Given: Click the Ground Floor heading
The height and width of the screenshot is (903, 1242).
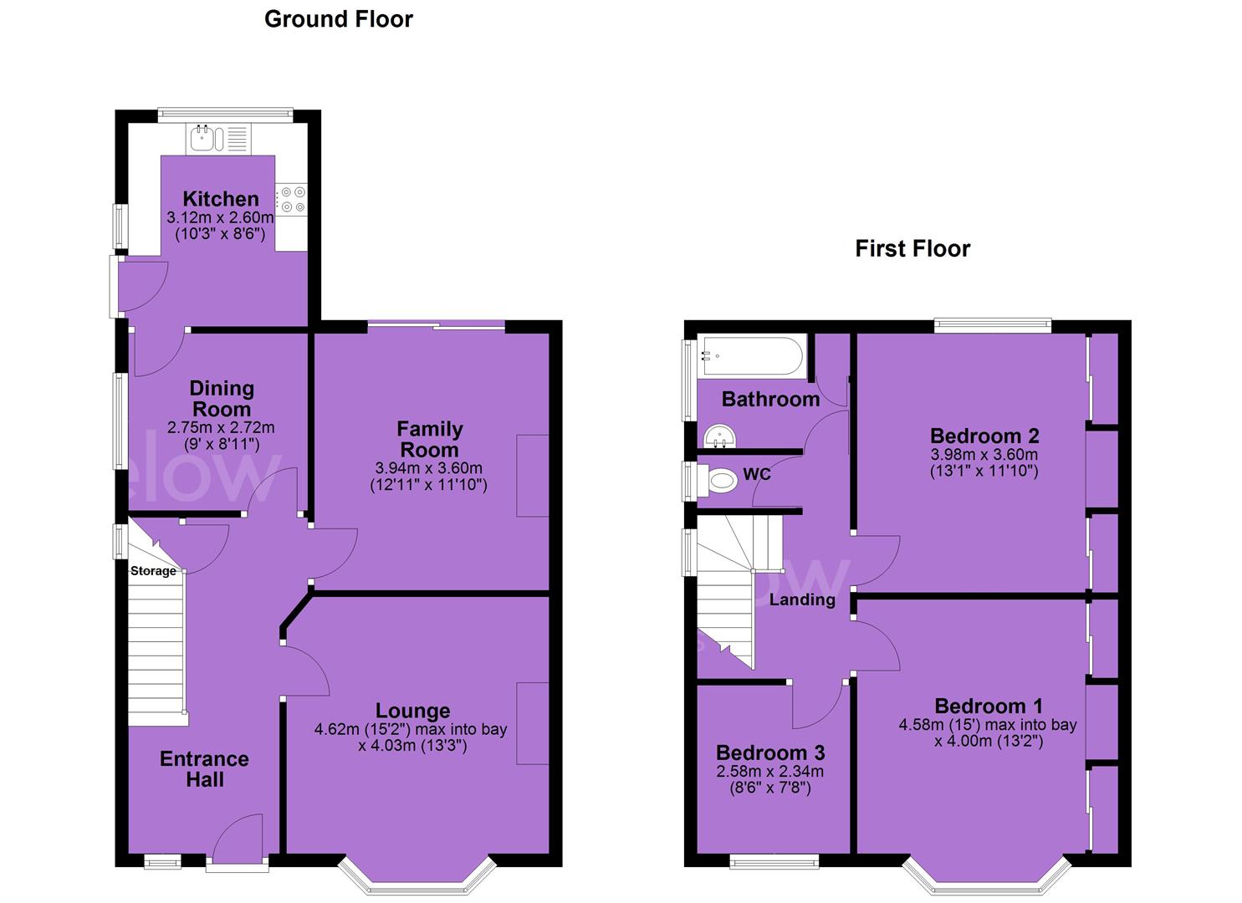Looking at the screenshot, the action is (x=338, y=19).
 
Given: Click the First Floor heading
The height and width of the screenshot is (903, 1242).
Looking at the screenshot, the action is (x=912, y=248).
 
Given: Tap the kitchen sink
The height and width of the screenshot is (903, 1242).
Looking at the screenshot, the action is (x=207, y=139).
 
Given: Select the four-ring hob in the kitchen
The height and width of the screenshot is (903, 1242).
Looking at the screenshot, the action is (x=292, y=200).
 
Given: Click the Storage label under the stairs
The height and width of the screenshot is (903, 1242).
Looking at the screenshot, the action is (x=153, y=571).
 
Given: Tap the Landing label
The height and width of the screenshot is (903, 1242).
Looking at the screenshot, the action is (x=802, y=599).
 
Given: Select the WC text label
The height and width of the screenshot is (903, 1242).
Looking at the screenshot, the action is (x=757, y=474).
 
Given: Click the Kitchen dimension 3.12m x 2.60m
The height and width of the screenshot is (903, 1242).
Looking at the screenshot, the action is (x=220, y=217).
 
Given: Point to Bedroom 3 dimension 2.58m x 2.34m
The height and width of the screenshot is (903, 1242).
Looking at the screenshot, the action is (x=769, y=771).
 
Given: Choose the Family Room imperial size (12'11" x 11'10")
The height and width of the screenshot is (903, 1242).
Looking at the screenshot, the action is (x=428, y=485).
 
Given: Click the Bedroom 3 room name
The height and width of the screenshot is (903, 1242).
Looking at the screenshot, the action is (x=770, y=752).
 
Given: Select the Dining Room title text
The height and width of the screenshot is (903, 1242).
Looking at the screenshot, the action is (x=222, y=399).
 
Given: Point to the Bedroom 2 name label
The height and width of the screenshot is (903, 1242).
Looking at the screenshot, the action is (x=984, y=436).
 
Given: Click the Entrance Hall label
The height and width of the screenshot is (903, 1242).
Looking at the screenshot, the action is (x=204, y=769).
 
